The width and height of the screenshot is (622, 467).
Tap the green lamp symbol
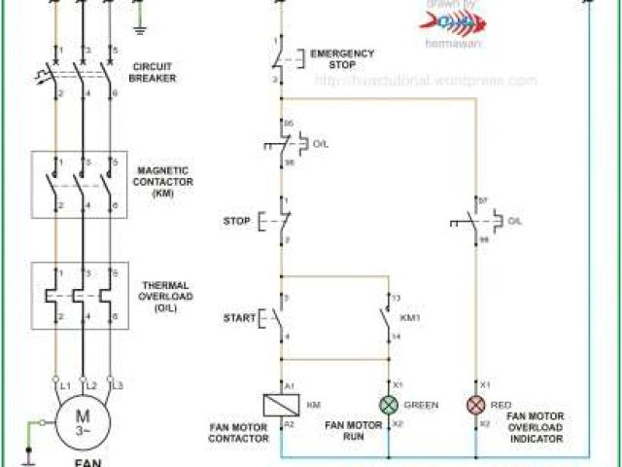(x=389, y=405)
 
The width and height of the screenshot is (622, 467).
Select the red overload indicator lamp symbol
(x=476, y=405)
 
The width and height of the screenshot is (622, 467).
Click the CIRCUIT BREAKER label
(x=155, y=71)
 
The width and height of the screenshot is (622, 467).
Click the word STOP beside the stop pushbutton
(x=236, y=221)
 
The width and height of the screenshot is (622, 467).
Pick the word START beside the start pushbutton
(x=238, y=317)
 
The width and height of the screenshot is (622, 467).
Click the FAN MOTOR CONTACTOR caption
(x=238, y=433)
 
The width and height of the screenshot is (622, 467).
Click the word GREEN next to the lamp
(x=422, y=405)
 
